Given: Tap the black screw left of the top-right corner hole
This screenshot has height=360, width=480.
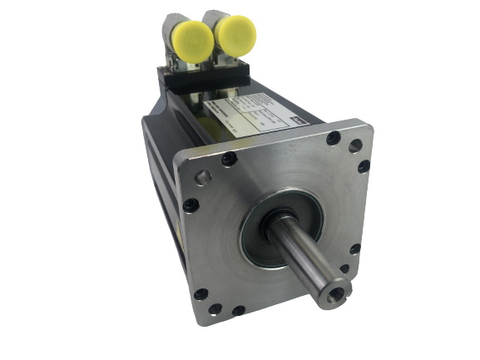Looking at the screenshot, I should click(333, 139).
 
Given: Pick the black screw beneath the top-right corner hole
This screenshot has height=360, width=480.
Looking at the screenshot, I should click(364, 166).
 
